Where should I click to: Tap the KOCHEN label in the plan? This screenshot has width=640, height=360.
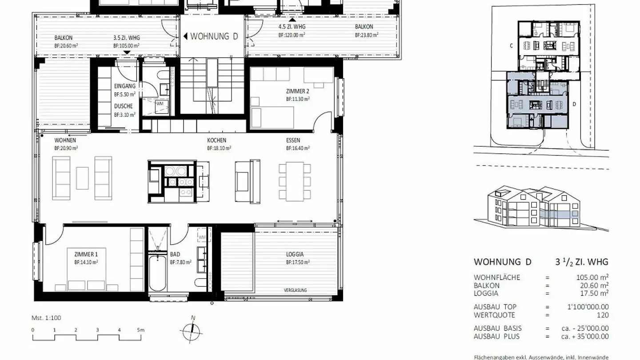tap(216, 140)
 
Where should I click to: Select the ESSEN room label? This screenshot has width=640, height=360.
tap(293, 140)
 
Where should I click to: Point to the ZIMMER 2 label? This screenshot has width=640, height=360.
tap(297, 92)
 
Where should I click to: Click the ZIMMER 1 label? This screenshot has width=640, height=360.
tap(86, 255)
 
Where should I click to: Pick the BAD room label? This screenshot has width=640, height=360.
tap(175, 255)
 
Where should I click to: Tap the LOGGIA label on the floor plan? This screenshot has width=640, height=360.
tap(295, 255)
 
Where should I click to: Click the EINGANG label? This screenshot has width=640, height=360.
tap(124, 86)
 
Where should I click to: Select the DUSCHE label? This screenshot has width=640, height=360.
tap(123, 107)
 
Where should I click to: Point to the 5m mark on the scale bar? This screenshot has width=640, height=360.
tap(140, 330)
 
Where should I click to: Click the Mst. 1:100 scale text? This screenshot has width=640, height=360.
tap(46, 318)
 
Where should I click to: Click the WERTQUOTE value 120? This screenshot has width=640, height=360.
tap(603, 315)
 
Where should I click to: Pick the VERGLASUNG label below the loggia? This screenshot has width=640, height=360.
tap(295, 290)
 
